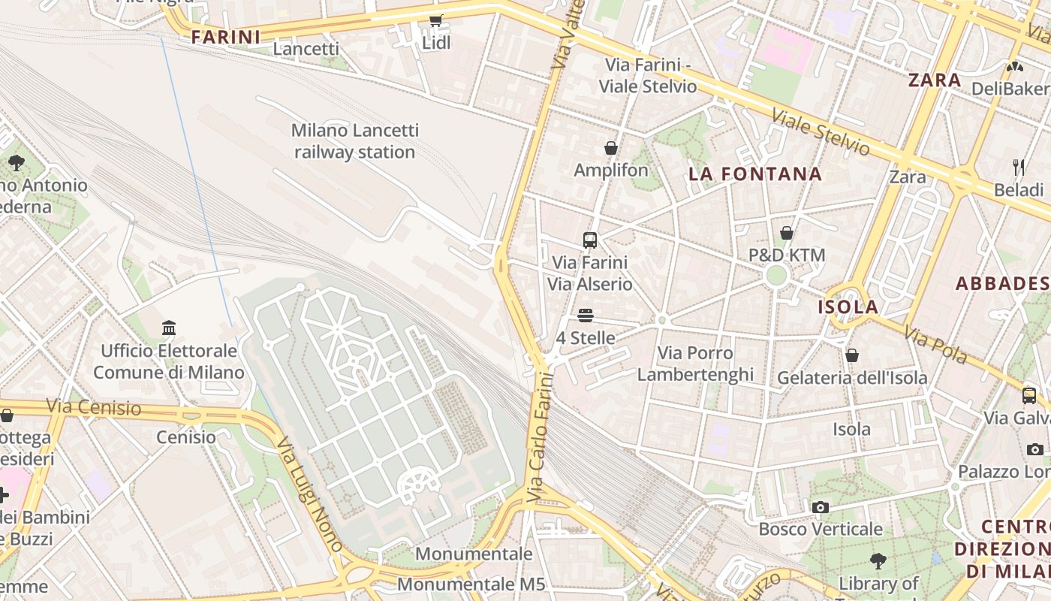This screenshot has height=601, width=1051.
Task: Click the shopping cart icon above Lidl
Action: (x=435, y=21)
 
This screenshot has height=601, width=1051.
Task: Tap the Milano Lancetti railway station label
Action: (x=354, y=141)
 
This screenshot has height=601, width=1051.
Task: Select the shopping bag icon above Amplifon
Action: (x=611, y=148)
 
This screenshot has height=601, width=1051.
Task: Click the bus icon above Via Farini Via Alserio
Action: (x=590, y=240)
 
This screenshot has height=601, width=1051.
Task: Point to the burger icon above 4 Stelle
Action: (x=586, y=316)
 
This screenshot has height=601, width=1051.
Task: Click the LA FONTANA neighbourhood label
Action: (x=755, y=174)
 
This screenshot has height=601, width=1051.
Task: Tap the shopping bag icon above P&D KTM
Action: (x=787, y=233)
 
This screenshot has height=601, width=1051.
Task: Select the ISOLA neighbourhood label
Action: (x=848, y=307)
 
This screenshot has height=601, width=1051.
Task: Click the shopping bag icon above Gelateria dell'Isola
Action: (x=852, y=355)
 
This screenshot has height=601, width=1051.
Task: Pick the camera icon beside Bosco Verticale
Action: (x=821, y=507)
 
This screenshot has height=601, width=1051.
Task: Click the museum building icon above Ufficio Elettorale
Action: (x=169, y=328)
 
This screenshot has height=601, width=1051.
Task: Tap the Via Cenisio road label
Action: (x=93, y=408)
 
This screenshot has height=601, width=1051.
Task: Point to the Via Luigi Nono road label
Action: (x=310, y=494)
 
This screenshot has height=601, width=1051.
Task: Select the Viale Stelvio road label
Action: (x=821, y=133)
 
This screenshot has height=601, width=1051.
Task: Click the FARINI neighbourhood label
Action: (x=225, y=37)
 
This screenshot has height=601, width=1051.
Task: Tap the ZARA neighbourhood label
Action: (x=934, y=80)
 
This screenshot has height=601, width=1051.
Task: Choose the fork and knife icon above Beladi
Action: (x=1018, y=167)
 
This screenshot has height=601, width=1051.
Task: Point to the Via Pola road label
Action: (x=935, y=345)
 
